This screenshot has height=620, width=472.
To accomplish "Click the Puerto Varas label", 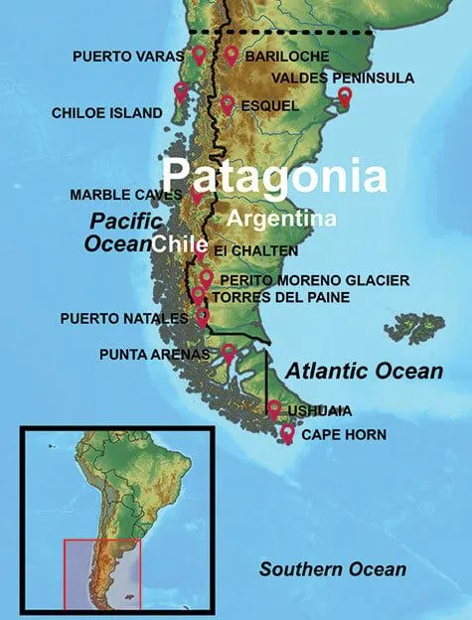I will [x=128, y=56].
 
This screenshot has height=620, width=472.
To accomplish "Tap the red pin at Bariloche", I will [x=232, y=56].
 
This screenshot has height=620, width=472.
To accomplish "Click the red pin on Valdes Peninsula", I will [x=345, y=96].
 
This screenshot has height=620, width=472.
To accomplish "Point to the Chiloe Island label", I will [x=106, y=114].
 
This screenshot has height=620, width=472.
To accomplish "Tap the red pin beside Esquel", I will [x=228, y=104].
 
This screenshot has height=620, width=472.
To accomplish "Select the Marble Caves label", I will [x=125, y=195].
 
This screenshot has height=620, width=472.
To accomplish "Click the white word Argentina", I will [x=281, y=218].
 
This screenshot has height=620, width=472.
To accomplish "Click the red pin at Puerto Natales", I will [x=203, y=317].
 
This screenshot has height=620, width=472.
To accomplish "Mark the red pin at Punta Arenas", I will [x=229, y=352].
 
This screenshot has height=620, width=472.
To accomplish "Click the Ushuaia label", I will [x=319, y=409].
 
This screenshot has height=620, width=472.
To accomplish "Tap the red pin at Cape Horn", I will [x=287, y=433].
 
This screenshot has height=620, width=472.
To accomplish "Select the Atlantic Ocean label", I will [x=364, y=372].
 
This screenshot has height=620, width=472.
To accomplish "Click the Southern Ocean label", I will [x=332, y=569].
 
